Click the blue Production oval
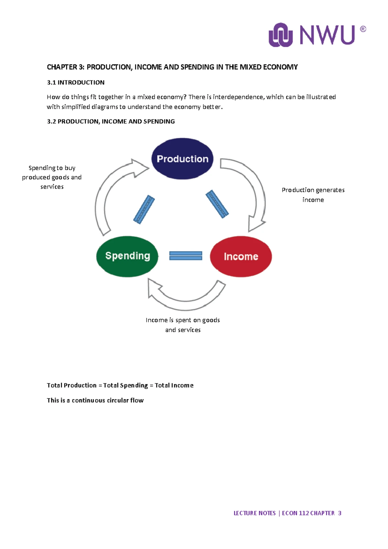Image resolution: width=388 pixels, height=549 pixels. (x=182, y=159)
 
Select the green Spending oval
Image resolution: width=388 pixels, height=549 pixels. (x=127, y=256)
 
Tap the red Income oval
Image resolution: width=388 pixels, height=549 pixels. (x=241, y=256)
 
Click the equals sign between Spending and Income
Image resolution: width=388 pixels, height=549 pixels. (x=186, y=256)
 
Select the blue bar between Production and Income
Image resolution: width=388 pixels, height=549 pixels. (x=217, y=204)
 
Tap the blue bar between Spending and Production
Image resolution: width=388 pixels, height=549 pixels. (x=144, y=209)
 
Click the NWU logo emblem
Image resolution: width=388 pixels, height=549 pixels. (x=281, y=35)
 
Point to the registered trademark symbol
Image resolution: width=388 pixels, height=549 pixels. (x=363, y=29)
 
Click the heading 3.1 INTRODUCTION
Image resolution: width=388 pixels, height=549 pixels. (x=76, y=83)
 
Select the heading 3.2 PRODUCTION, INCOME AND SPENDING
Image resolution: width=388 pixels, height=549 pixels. (x=111, y=121)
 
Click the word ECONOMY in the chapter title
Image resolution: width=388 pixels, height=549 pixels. (x=280, y=67)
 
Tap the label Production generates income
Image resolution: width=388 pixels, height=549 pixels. (x=313, y=195)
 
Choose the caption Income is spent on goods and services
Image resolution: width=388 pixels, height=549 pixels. (x=183, y=325)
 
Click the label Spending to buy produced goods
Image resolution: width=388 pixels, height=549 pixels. (x=52, y=177)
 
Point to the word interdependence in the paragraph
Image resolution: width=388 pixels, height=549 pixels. (x=238, y=97)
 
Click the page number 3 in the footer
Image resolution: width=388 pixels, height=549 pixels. (x=339, y=513)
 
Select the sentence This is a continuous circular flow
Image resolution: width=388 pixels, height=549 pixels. (x=95, y=400)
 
